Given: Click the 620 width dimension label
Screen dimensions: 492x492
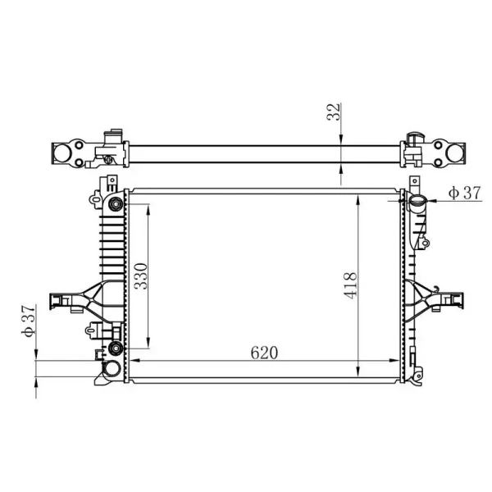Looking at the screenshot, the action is pyautogui.click(x=264, y=353).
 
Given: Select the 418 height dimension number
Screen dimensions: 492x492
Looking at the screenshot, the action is pyautogui.click(x=350, y=285).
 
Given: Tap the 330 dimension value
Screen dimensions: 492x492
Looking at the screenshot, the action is pyautogui.click(x=140, y=276).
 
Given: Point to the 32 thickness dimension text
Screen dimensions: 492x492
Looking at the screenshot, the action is pyautogui.click(x=333, y=112).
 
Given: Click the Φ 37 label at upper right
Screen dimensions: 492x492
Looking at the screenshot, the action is pyautogui.click(x=464, y=193).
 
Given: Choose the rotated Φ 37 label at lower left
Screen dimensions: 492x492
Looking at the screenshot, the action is pyautogui.click(x=29, y=321).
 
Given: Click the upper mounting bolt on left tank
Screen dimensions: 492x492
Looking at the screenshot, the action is pyautogui.click(x=116, y=205).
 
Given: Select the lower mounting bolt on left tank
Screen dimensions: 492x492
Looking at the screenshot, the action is pyautogui.click(x=115, y=348).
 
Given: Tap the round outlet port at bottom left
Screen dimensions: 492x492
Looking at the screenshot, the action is pyautogui.click(x=112, y=368).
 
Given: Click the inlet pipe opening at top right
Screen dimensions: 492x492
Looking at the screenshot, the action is pyautogui.click(x=417, y=199).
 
